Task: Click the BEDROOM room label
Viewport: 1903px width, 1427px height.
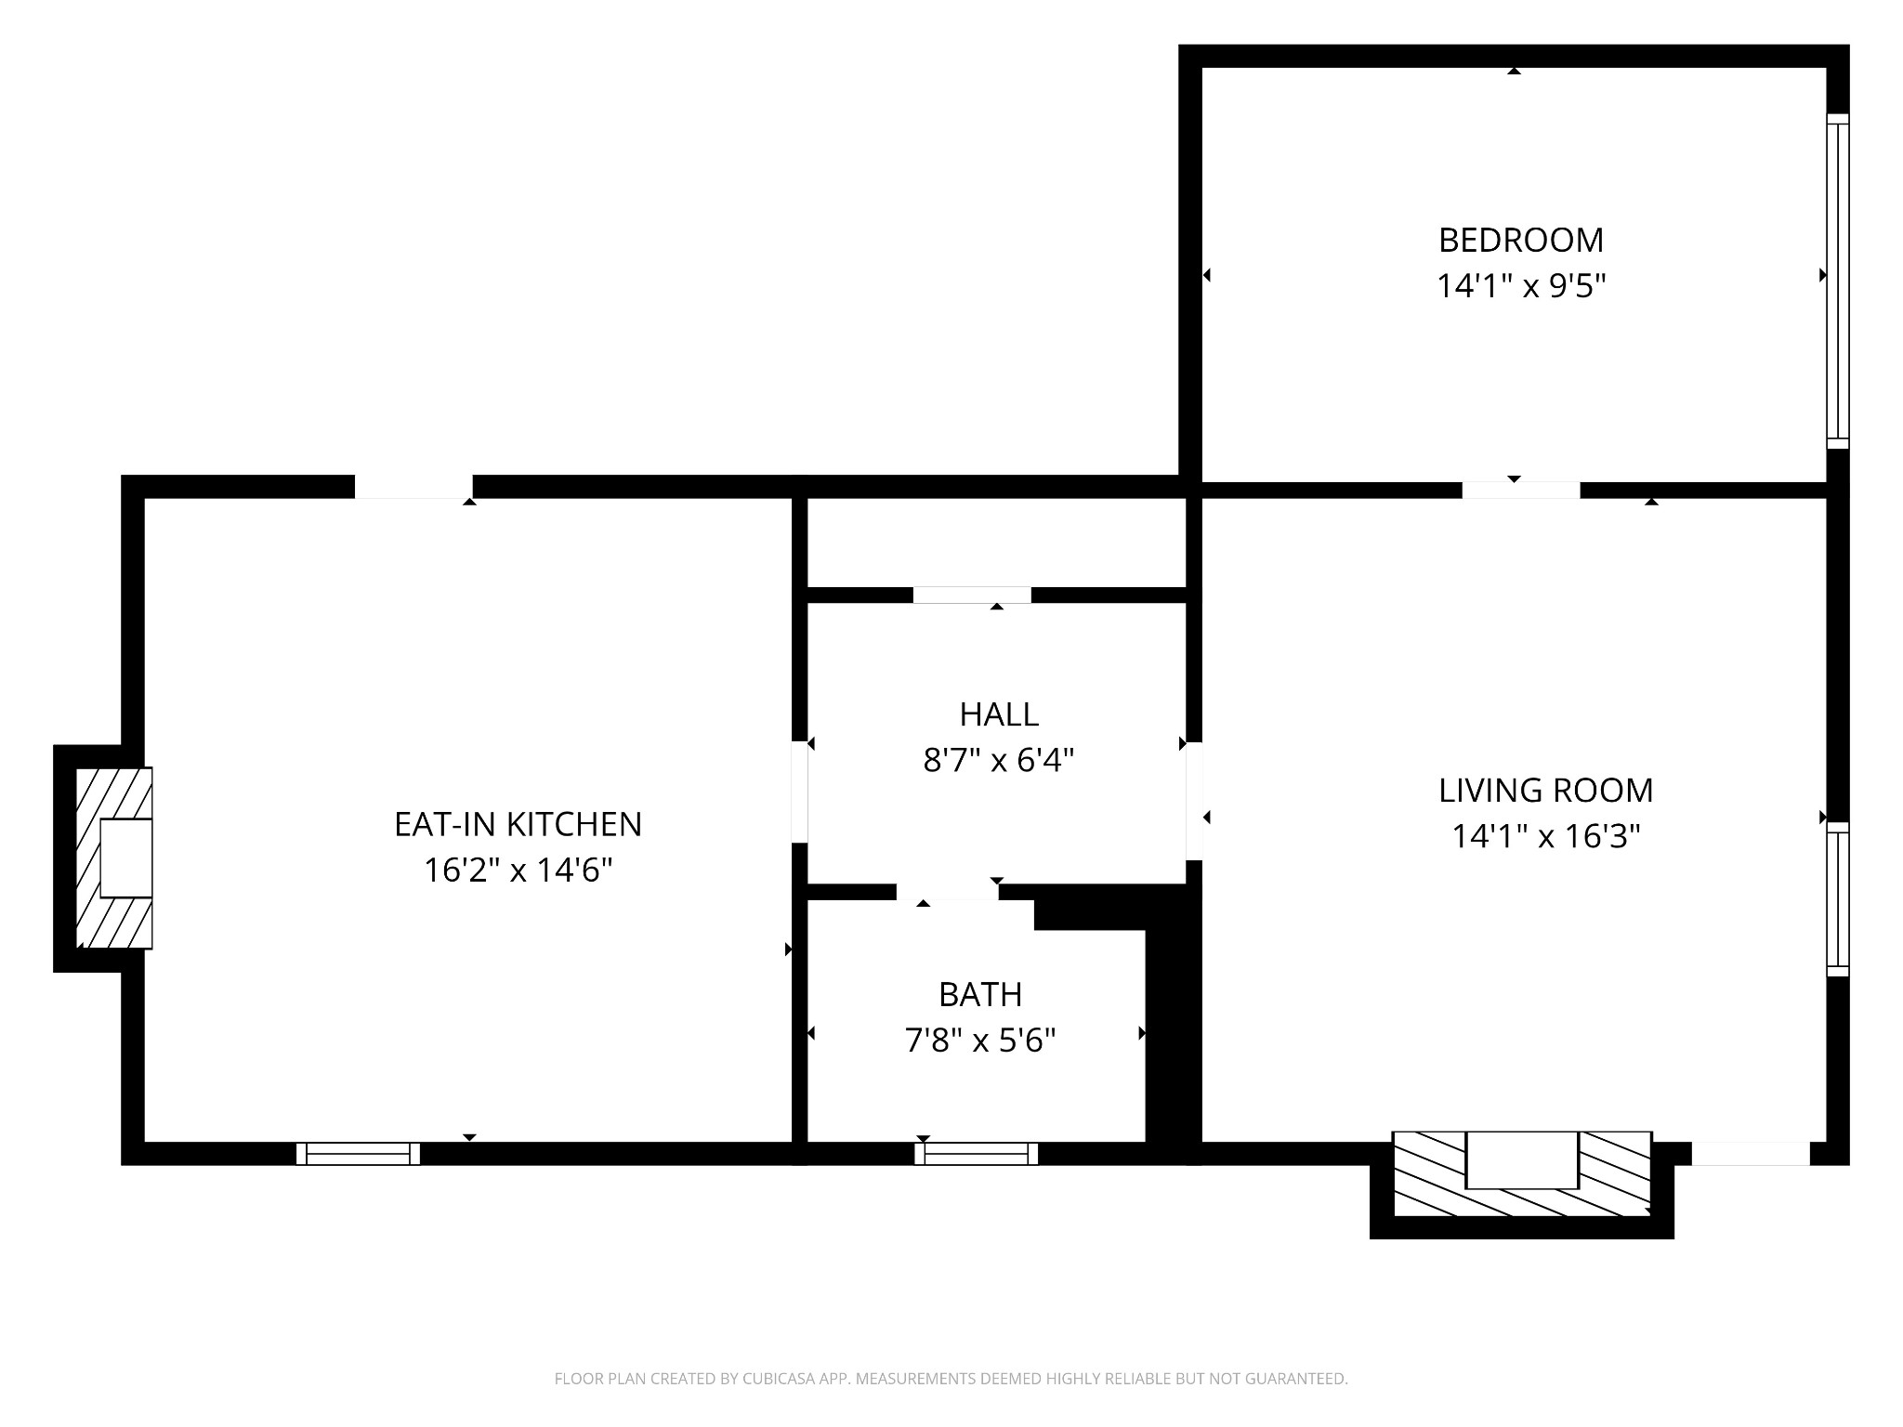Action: click(x=1521, y=241)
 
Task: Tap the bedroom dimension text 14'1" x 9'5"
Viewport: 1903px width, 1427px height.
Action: click(x=1521, y=286)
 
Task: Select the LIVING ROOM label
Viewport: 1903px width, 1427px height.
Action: click(x=1545, y=791)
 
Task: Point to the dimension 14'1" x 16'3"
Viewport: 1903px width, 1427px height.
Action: click(x=1545, y=837)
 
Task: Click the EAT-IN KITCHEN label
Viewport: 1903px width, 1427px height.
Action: click(x=518, y=825)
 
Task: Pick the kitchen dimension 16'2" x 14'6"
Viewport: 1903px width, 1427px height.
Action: click(x=518, y=871)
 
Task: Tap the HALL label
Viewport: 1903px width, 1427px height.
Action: click(x=999, y=714)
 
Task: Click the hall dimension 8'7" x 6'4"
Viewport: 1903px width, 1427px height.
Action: click(x=999, y=761)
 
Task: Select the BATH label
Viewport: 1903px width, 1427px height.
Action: click(x=980, y=995)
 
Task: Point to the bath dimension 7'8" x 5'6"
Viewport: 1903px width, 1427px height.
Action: click(x=980, y=1041)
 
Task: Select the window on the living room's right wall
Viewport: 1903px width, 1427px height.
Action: click(x=1837, y=898)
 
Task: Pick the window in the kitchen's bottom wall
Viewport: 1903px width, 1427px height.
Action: click(x=358, y=1154)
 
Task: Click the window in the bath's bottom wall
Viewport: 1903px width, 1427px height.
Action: click(x=976, y=1154)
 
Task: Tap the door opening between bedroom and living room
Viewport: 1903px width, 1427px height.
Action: click(x=1520, y=490)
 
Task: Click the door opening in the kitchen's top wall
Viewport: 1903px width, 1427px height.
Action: click(x=413, y=487)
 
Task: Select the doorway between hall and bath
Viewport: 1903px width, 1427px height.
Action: click(x=947, y=892)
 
